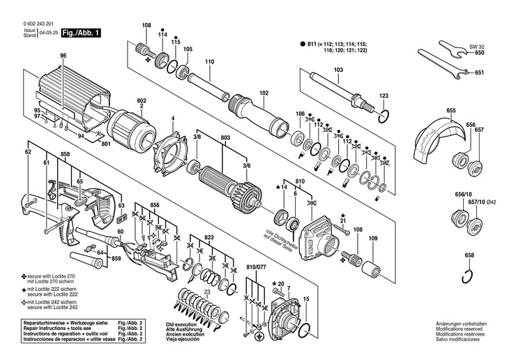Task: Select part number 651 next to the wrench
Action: click(479, 73)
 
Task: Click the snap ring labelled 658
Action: click(469, 280)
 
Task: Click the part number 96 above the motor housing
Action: click(63, 56)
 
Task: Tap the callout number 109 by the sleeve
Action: click(372, 239)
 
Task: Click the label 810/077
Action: click(257, 267)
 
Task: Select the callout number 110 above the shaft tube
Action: click(208, 61)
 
